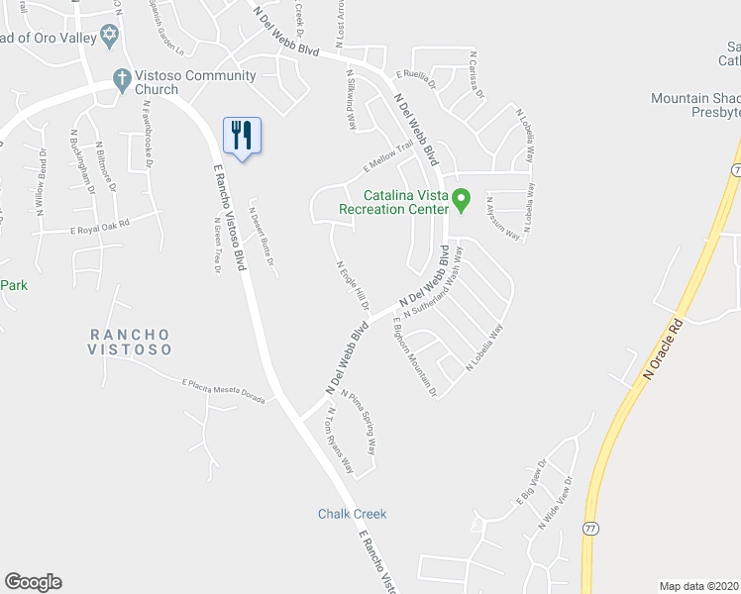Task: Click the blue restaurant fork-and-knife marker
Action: click(x=242, y=134)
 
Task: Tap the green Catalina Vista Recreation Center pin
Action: click(x=461, y=201)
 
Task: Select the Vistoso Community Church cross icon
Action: click(x=122, y=76)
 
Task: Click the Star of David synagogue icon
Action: click(x=110, y=38)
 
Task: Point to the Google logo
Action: click(x=33, y=582)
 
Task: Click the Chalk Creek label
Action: click(x=352, y=514)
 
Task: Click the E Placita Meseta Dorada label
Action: click(x=224, y=391)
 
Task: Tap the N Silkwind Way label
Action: click(x=351, y=100)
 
